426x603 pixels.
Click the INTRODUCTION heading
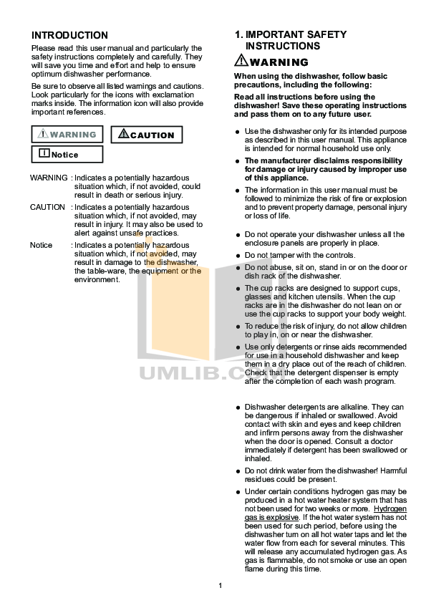tap(70, 36)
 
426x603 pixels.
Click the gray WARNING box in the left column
tap(68, 135)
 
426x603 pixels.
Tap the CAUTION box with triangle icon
tap(147, 135)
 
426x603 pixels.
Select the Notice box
tap(66, 154)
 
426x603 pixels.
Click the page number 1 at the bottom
tap(221, 587)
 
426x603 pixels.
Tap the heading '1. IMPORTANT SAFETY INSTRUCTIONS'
tap(291, 40)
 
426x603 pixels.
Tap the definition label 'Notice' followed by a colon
tap(42, 245)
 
